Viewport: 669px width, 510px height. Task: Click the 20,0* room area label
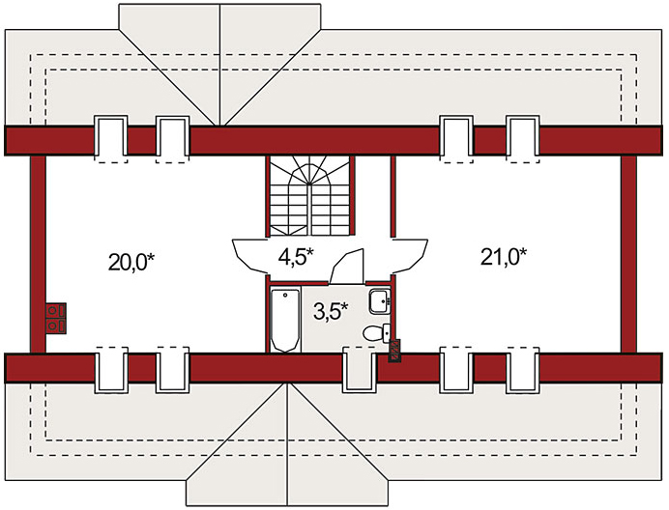131,262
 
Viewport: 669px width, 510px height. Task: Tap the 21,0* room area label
504,257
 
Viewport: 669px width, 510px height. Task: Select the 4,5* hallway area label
296,257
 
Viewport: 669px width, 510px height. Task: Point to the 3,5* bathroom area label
331,311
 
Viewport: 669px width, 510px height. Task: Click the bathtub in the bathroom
285,320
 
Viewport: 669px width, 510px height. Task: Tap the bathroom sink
379,301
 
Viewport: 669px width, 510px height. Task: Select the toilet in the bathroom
376,332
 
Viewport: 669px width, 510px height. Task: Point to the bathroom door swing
346,267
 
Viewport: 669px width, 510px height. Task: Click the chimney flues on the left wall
56,318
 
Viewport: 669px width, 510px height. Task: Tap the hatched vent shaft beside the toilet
394,351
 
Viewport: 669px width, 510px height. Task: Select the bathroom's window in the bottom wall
360,369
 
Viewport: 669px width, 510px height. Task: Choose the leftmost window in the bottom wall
111,369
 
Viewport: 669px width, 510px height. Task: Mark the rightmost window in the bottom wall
523,369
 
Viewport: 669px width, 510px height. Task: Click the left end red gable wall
38,254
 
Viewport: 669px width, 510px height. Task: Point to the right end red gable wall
628,254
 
